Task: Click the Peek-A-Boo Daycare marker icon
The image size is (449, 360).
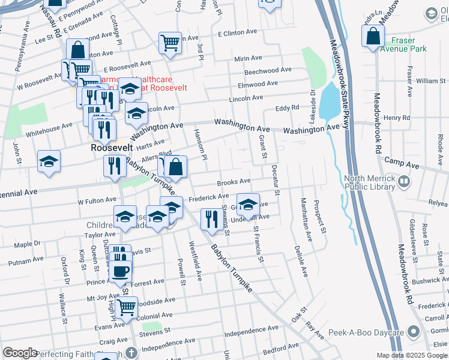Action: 413,332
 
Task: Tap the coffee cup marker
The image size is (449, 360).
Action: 120,271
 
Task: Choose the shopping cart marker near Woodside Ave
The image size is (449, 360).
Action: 127,307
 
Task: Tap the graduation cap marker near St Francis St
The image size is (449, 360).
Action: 248,205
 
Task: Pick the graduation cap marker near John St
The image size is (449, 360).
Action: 49,161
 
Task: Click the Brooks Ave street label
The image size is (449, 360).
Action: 234,181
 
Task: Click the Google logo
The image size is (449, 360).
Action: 20,353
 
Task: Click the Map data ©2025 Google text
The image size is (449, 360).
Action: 411,355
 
